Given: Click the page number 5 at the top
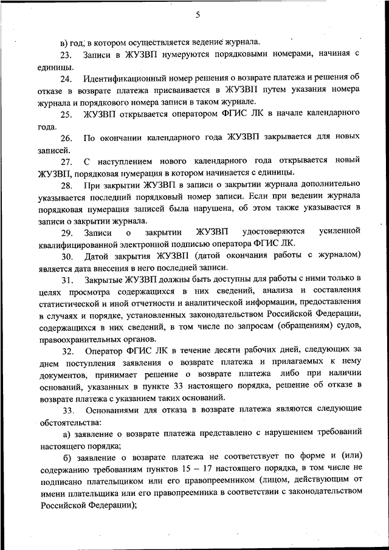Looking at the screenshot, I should tap(198, 16).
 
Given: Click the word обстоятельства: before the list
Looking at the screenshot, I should tap(71, 421).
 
